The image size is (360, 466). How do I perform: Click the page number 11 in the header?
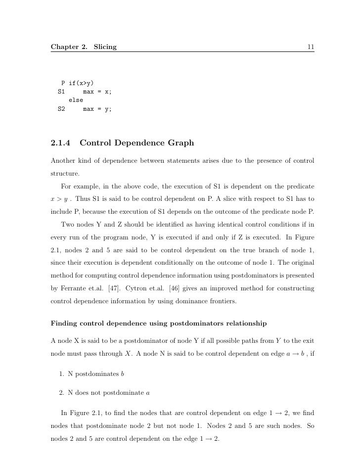(311, 47)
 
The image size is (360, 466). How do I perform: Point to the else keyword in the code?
(76, 100)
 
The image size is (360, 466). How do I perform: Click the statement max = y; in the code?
(97, 109)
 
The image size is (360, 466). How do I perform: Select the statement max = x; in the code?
(97, 92)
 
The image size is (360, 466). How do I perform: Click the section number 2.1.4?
(61, 143)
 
